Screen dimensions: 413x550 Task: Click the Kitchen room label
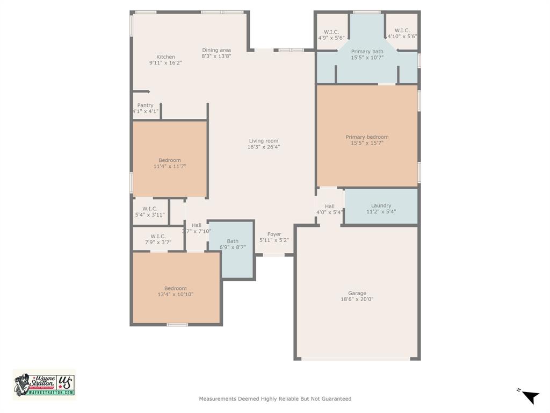point(165,57)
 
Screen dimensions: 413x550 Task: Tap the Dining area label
point(216,51)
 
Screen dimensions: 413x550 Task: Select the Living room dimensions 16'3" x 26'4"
point(264,147)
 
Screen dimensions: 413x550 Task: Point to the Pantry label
point(145,105)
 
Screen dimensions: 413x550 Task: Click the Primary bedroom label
point(367,137)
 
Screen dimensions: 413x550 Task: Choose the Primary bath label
point(367,52)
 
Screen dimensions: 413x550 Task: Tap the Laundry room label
point(381,205)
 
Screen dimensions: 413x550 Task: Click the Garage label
point(357,293)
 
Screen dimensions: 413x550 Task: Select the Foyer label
point(274,234)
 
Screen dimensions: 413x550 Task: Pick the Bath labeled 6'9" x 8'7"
point(233,244)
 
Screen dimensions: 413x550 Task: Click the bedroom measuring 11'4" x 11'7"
point(170,163)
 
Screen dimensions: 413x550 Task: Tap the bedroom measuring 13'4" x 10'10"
point(176,291)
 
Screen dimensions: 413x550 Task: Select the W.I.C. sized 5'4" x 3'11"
point(150,211)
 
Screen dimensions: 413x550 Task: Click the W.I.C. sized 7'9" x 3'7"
point(158,239)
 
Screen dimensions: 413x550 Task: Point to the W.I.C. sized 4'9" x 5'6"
point(331,34)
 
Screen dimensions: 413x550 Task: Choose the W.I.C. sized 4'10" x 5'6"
point(402,33)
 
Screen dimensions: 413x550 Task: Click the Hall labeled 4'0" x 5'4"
point(329,209)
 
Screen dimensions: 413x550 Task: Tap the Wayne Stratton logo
point(44,384)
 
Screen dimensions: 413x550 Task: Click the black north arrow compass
point(530,397)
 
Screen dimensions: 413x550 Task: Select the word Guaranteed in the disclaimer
point(335,399)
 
